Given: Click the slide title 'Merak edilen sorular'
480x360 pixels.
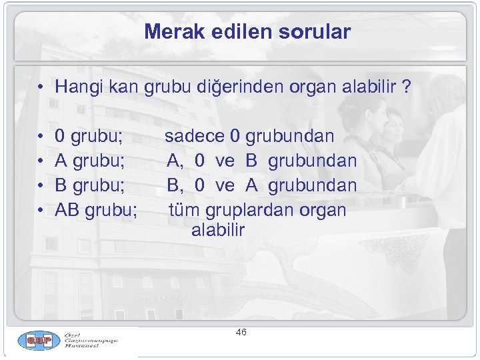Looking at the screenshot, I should pyautogui.click(x=247, y=31).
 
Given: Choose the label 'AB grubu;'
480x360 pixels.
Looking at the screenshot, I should pyautogui.click(x=97, y=210).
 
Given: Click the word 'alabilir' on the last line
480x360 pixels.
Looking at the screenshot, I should pyautogui.click(x=218, y=231).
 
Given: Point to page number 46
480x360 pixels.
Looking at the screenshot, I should pyautogui.click(x=241, y=332).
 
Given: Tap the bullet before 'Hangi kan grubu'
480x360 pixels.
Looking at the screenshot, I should pyautogui.click(x=41, y=87).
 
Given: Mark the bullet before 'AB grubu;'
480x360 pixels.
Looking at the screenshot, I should pyautogui.click(x=41, y=211).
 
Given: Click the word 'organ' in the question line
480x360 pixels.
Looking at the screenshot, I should pyautogui.click(x=311, y=87).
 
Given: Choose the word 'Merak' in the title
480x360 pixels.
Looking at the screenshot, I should pyautogui.click(x=169, y=31).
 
